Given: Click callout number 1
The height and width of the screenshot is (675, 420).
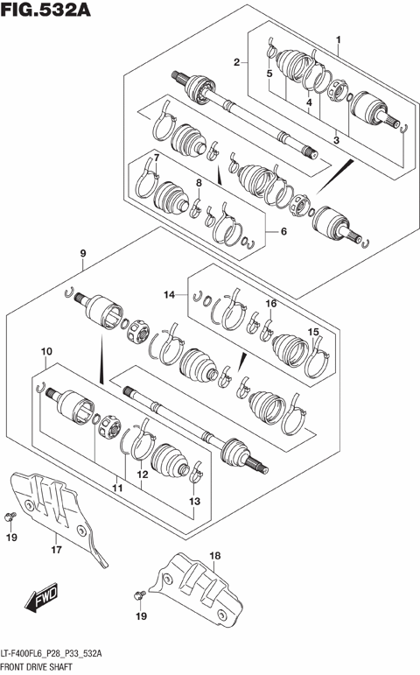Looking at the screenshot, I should (339, 39).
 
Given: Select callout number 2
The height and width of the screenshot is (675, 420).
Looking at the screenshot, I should (236, 61).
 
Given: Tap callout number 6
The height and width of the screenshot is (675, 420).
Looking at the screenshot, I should (283, 231).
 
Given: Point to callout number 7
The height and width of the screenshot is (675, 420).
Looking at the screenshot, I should (156, 158).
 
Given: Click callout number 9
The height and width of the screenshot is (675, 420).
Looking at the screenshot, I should (83, 254).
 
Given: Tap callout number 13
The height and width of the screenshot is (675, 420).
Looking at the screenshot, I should (194, 502).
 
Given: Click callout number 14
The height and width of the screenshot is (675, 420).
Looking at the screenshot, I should (170, 296).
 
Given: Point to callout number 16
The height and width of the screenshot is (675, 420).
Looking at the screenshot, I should (271, 304).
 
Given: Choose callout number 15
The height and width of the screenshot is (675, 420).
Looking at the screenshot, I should (312, 332).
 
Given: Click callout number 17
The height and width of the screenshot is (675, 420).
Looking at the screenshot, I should (55, 551).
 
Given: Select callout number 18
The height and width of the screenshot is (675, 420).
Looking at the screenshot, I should (216, 556).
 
